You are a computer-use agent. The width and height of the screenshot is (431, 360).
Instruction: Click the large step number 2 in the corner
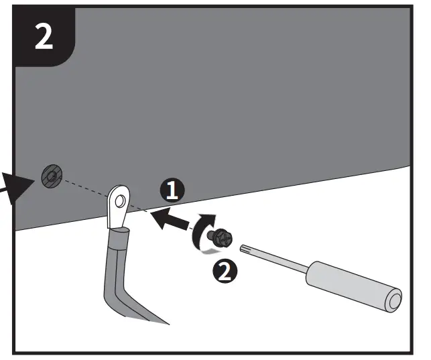coord(44,38)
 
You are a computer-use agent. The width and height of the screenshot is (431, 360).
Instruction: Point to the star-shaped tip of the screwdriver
coord(246,248)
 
